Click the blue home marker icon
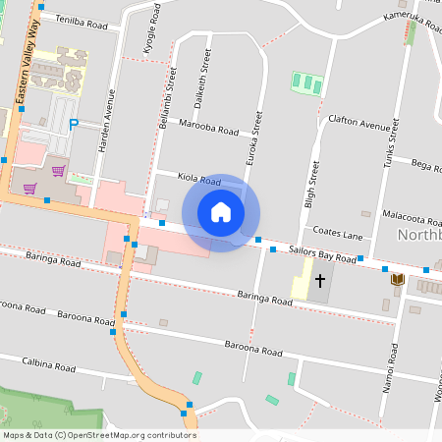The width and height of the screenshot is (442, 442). click(221, 212)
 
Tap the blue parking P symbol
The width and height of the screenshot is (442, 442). click(75, 125)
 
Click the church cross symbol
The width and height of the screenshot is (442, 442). click(319, 281)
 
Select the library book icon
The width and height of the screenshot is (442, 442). click(397, 281)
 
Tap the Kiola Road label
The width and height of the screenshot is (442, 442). click(198, 181)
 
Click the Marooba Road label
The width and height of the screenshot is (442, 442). click(209, 127)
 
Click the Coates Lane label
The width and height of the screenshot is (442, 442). click(338, 233)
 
